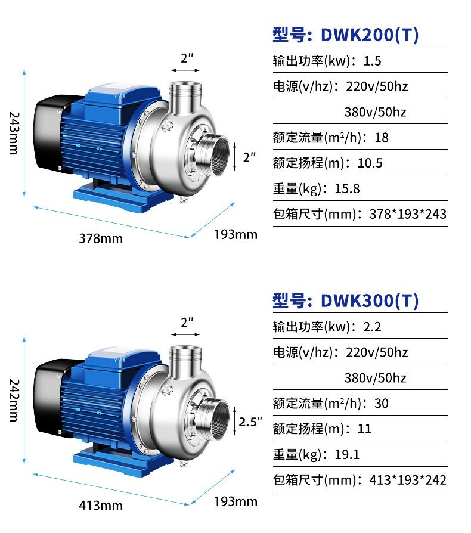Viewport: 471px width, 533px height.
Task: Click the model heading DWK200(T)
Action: tap(346, 35)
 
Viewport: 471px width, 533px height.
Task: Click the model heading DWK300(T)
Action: tap(346, 301)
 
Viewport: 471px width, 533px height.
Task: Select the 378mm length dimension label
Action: tap(101, 238)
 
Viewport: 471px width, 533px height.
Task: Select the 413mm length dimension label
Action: tap(101, 506)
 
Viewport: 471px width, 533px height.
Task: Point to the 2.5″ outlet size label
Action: tap(250, 422)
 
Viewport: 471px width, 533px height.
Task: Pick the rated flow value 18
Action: tap(382, 138)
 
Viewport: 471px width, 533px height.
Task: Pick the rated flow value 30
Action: tap(382, 404)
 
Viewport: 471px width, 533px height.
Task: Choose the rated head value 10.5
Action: tap(370, 163)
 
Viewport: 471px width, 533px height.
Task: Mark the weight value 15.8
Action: tap(348, 189)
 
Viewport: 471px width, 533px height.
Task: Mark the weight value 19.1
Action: tap(348, 455)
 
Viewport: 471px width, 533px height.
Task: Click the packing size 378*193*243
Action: tap(404, 215)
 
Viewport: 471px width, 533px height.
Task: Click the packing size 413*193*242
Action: tap(404, 481)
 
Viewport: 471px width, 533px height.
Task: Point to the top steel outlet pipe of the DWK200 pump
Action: tap(185, 95)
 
